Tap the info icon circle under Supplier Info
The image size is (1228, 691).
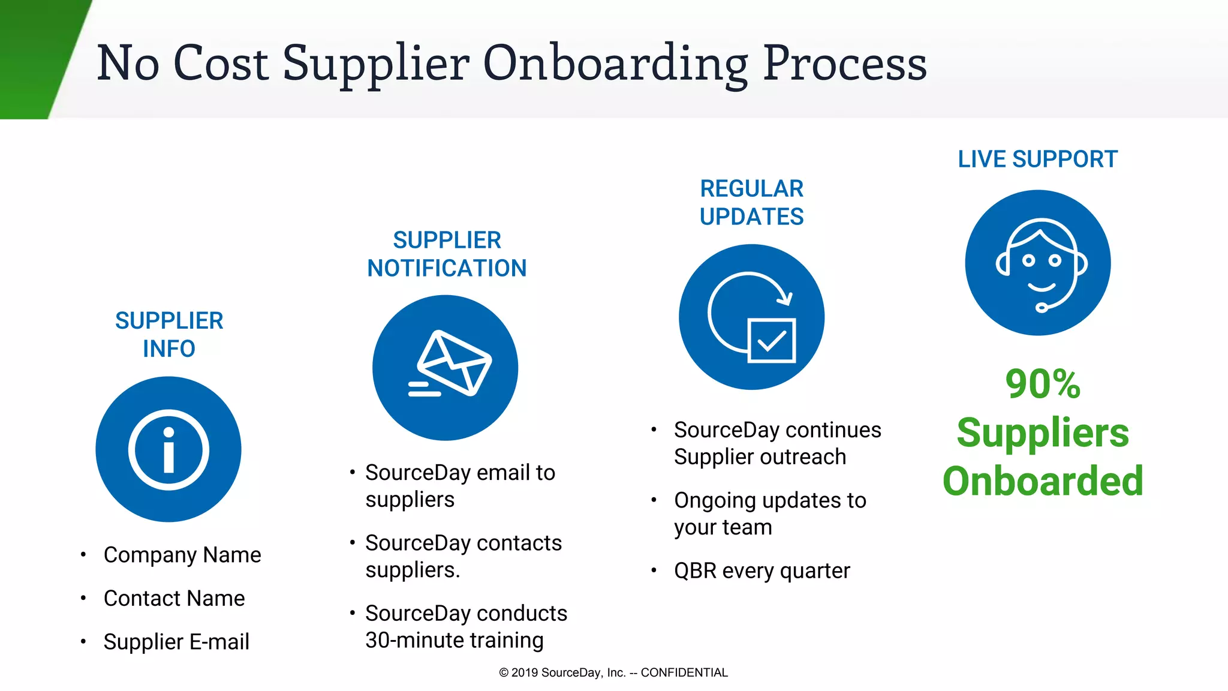pos(168,449)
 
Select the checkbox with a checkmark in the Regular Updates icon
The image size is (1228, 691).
pos(772,341)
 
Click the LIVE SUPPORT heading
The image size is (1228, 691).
pos(1037,160)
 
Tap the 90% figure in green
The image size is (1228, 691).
pos(1043,384)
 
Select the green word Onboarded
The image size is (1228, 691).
pos(1043,481)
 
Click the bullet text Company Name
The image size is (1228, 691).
pos(182,555)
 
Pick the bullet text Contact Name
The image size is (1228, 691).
pos(174,598)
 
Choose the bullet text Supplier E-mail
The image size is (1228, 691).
pos(176,642)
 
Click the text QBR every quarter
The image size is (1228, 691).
pos(762,571)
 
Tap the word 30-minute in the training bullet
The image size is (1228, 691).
pos(414,641)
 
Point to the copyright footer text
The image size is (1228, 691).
pos(613,672)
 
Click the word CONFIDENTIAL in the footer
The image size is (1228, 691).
pos(684,672)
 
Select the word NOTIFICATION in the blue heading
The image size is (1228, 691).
pos(447,268)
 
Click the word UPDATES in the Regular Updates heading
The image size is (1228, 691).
pos(751,217)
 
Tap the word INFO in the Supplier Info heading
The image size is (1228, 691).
pos(169,348)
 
